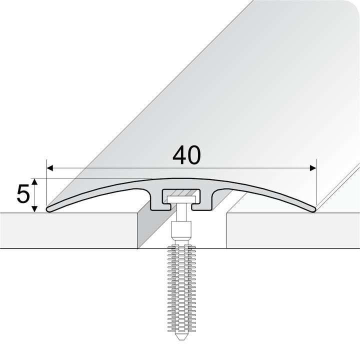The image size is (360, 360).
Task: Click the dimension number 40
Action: pos(186,155)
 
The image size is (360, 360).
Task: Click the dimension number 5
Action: pos(22,194)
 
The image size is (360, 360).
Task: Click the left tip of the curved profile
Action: pos(48,209)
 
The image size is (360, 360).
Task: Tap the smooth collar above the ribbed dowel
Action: pos(181,231)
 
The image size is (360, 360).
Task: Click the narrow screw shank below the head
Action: pos(181,212)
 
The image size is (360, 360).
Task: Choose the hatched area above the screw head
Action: pos(181,192)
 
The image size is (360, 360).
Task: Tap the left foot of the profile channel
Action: pos(156,205)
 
